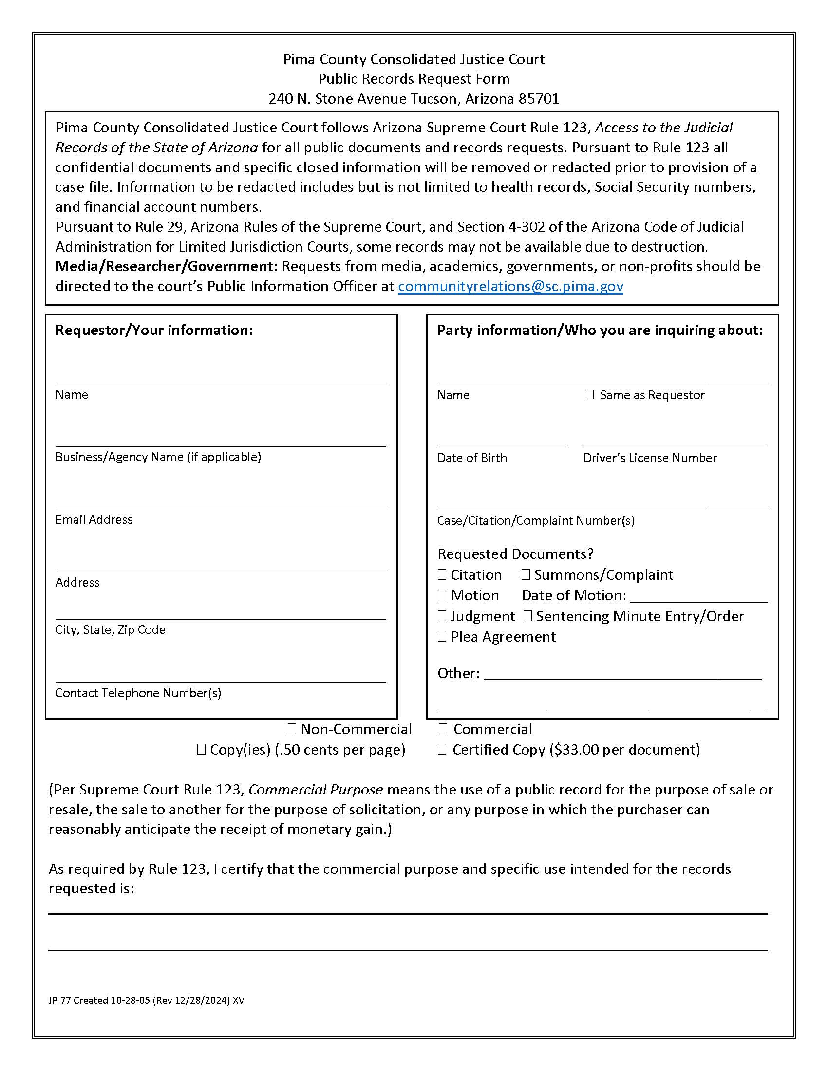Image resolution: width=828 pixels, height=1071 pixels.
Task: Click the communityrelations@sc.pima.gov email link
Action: pyautogui.click(x=510, y=286)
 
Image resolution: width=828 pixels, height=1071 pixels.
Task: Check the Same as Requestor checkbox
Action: pyautogui.click(x=590, y=395)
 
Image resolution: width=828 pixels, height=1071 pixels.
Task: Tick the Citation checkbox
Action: pyautogui.click(x=442, y=574)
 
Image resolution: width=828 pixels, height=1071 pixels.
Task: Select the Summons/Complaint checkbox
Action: pyautogui.click(x=526, y=574)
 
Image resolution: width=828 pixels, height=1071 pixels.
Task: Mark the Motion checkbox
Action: pyautogui.click(x=442, y=595)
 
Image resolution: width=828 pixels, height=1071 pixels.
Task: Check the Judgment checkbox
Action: pyautogui.click(x=442, y=616)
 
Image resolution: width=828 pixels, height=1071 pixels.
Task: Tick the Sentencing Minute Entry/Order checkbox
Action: pyautogui.click(x=527, y=616)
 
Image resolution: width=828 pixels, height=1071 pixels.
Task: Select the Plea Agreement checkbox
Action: pyautogui.click(x=442, y=637)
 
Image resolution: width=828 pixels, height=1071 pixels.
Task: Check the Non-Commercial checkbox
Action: pyautogui.click(x=292, y=729)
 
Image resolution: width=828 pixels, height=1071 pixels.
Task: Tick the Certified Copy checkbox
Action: pyautogui.click(x=442, y=749)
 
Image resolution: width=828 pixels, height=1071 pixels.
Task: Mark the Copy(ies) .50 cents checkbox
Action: pyautogui.click(x=201, y=749)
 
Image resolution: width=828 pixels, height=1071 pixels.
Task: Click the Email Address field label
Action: pyautogui.click(x=94, y=520)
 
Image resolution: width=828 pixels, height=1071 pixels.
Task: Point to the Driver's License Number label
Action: pyautogui.click(x=649, y=458)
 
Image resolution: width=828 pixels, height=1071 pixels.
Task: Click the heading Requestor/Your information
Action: pyautogui.click(x=153, y=330)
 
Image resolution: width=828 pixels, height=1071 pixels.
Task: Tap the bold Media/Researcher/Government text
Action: pyautogui.click(x=166, y=266)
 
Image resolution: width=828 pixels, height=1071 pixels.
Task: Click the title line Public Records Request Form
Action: pyautogui.click(x=414, y=79)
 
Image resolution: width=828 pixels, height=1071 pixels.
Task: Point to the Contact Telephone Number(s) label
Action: pyautogui.click(x=138, y=693)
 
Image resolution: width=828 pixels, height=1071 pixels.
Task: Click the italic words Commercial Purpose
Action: pyautogui.click(x=316, y=790)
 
